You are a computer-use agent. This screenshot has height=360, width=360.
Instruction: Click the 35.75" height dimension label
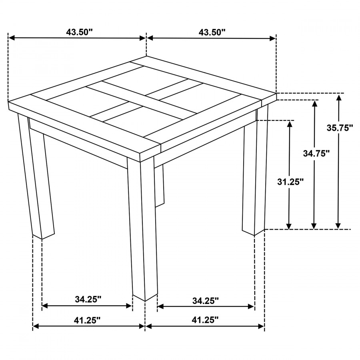(x=340, y=128)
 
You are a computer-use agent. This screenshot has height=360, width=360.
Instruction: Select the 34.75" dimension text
(x=316, y=153)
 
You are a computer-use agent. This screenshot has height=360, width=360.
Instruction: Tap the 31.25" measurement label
(x=290, y=182)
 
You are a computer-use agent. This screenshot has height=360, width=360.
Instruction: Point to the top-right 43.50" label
(x=212, y=32)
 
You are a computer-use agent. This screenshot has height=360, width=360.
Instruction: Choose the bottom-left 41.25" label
(x=87, y=320)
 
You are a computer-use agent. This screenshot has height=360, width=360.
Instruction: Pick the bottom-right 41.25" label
(x=205, y=320)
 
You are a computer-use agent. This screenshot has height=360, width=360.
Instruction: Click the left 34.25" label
(x=88, y=299)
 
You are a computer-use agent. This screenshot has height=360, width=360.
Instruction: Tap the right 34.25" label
(x=206, y=300)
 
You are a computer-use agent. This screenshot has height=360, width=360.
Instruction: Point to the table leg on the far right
(x=255, y=170)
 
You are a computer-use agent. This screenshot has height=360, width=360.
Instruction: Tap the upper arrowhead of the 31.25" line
(x=290, y=124)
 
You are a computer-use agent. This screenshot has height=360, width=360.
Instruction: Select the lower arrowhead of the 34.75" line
(x=314, y=226)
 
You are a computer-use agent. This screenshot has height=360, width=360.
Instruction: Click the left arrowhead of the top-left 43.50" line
(x=12, y=38)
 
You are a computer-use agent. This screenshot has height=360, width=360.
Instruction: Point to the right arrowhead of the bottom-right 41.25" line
(x=261, y=326)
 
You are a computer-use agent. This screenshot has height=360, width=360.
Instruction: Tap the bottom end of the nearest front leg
(x=145, y=301)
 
